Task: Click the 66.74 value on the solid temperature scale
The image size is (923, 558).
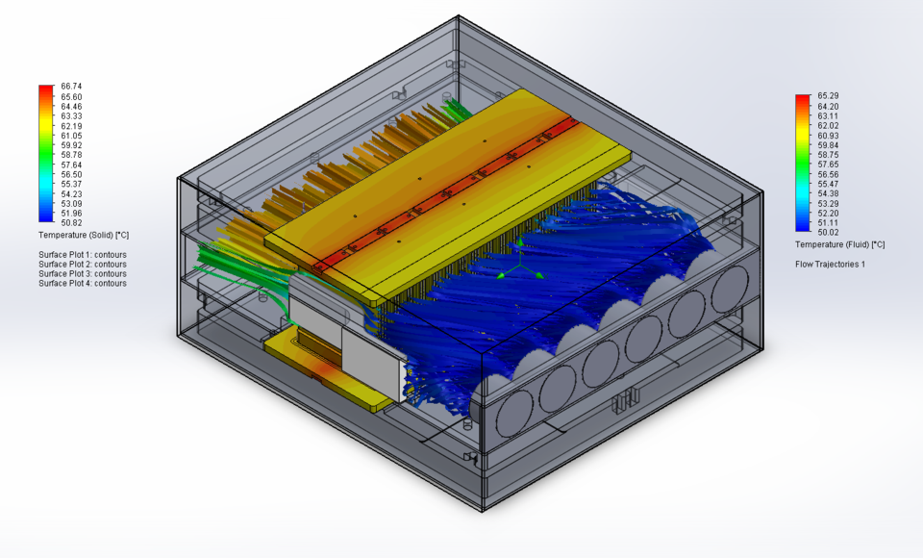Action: (x=70, y=87)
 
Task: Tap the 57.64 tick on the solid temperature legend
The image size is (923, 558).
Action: (x=70, y=165)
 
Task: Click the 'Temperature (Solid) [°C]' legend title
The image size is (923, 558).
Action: (x=84, y=235)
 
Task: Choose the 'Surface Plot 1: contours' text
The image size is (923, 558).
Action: (x=83, y=255)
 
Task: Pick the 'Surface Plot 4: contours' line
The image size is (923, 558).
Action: (x=83, y=284)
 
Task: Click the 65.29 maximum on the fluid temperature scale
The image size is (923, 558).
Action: (x=828, y=96)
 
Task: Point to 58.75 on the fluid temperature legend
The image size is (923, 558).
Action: (x=828, y=154)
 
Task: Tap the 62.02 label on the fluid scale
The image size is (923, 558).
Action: (x=828, y=125)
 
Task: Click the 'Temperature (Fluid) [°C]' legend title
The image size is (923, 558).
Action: (x=839, y=244)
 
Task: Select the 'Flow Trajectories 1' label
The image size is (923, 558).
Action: (x=830, y=264)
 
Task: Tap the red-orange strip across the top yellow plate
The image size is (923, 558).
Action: (x=452, y=192)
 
